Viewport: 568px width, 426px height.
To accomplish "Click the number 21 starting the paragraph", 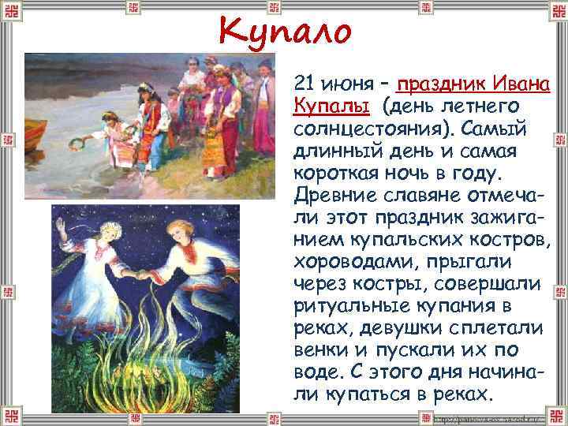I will click(303, 83).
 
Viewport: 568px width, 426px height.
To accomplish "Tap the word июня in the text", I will click(345, 83).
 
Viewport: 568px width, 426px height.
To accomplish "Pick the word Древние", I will click(332, 194).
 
